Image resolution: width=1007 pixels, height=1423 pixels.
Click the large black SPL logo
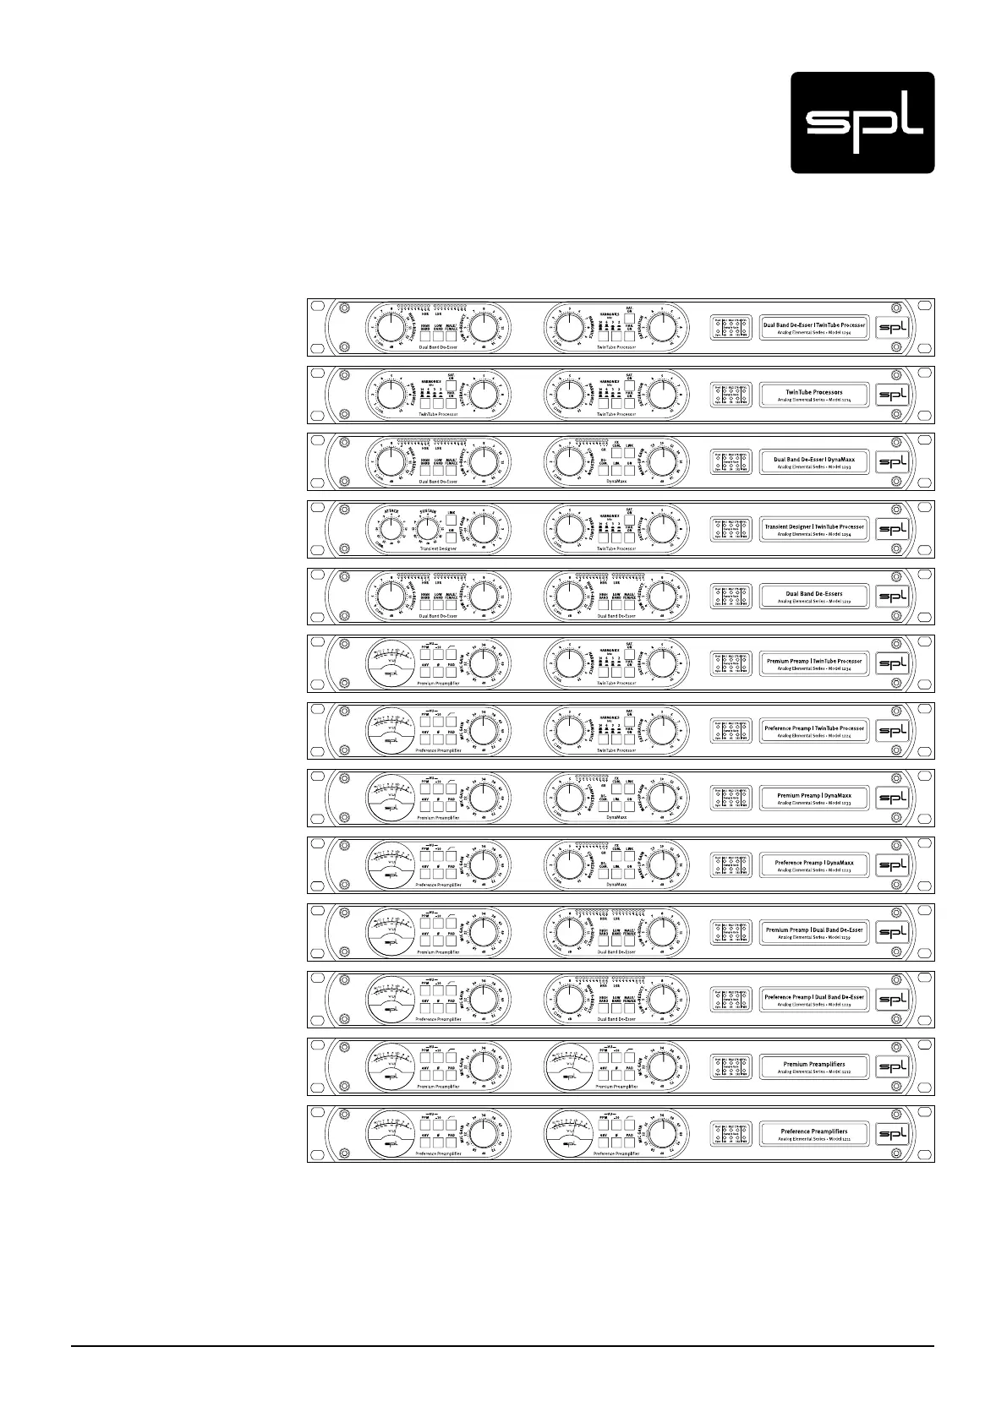coord(862,123)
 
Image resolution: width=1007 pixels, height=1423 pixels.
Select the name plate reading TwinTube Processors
coord(814,395)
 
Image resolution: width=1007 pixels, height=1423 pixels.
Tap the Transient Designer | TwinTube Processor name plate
coord(814,529)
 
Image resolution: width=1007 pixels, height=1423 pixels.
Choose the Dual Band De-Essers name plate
coord(814,597)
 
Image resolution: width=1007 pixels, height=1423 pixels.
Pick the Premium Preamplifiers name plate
coord(814,1067)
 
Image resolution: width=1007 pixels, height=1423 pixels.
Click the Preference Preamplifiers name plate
coord(814,1134)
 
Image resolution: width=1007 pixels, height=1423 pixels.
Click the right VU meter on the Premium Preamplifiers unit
coord(570,1066)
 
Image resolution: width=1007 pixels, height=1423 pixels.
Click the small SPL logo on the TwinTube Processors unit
coord(892,395)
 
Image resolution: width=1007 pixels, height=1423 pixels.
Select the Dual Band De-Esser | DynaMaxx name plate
coord(814,462)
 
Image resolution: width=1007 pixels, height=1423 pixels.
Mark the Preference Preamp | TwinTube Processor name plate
coord(814,731)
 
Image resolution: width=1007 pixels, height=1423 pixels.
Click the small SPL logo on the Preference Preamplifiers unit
coord(892,1134)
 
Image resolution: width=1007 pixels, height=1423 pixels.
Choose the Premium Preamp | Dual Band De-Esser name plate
coord(814,932)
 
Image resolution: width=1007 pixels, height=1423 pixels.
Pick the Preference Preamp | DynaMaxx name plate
coord(814,865)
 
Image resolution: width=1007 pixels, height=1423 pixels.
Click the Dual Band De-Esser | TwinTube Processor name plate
coord(814,327)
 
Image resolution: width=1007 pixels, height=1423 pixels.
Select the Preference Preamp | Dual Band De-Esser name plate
coord(814,1000)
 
